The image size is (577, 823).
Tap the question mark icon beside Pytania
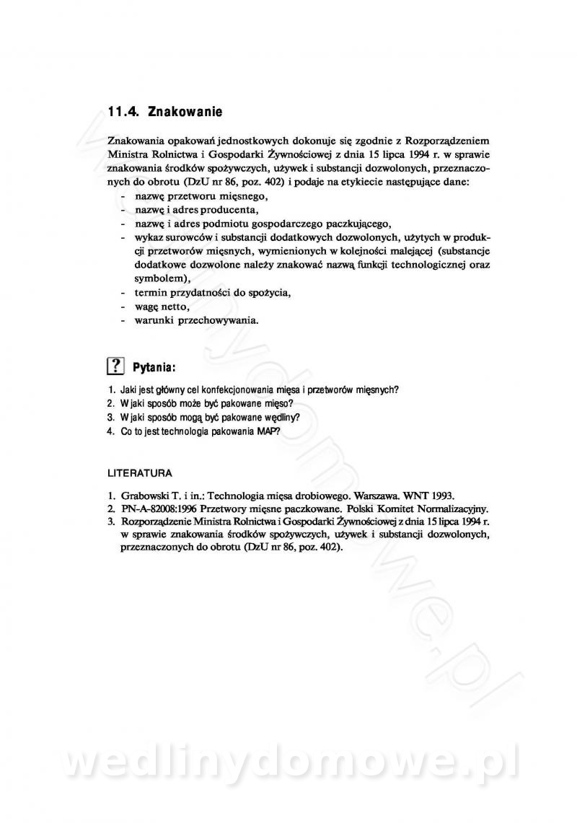[x=115, y=366]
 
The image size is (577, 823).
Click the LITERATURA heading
[x=139, y=474]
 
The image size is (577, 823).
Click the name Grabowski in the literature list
[x=147, y=496]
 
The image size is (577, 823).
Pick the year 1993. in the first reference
[x=439, y=496]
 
